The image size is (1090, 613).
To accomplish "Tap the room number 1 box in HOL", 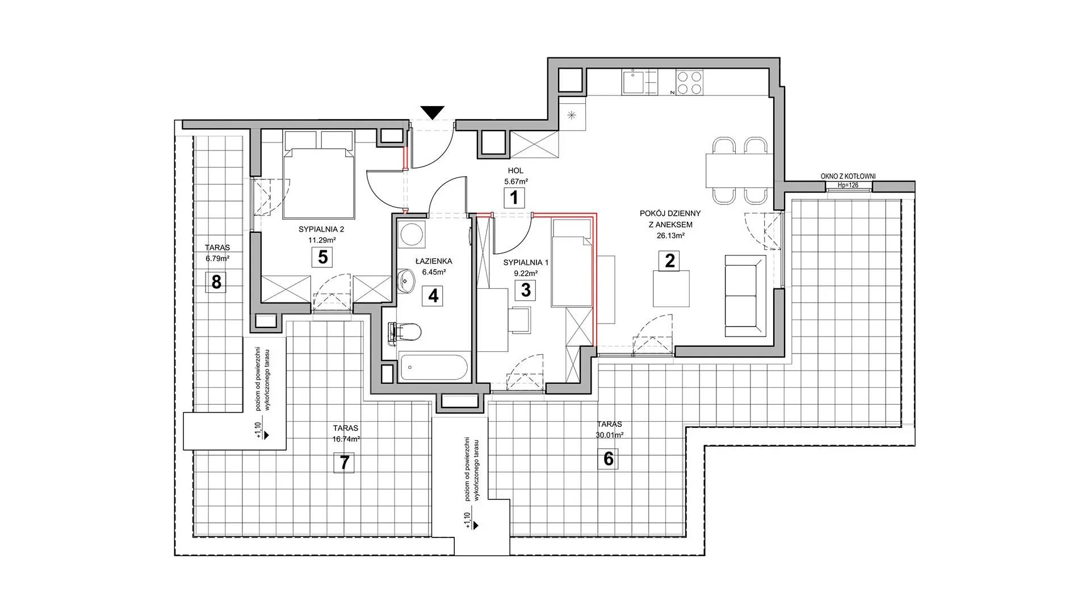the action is pos(514,199).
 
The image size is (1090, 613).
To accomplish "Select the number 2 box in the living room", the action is pos(670,261).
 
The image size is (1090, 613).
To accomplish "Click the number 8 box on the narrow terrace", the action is pos(216,282).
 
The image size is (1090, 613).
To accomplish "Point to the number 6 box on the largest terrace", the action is pos(609,459).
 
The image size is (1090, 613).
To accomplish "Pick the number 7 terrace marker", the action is pos(344,463).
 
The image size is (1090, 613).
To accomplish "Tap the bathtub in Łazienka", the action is pos(433,367).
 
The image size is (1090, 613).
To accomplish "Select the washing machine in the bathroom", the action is pos(411,233).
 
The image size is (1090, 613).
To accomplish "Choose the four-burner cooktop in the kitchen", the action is pos(689,82).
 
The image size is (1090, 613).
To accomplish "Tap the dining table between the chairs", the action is pos(739,170).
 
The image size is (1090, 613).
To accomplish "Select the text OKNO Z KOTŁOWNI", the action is pos(848,177).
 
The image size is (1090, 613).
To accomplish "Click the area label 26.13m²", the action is pos(670,236).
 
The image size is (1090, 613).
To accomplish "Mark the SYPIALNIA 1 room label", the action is pos(526,262).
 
